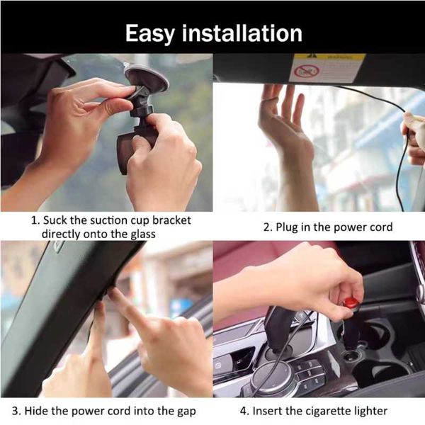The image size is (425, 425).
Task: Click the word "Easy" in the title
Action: [x=150, y=34]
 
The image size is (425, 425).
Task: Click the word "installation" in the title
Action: [x=242, y=33]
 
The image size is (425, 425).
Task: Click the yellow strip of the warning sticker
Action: [x=329, y=57]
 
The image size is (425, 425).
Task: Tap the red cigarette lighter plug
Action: [x=351, y=302]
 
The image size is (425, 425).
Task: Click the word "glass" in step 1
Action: [x=143, y=234]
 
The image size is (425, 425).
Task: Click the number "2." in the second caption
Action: [x=268, y=227]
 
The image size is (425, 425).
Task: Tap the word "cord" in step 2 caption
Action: [x=380, y=227]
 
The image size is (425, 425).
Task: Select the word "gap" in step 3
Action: [x=186, y=412]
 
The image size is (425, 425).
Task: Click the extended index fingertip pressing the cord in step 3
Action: [x=113, y=291]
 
